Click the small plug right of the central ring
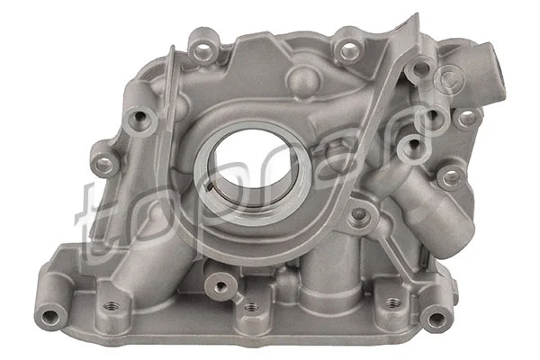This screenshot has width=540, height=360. coord(360,215)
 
